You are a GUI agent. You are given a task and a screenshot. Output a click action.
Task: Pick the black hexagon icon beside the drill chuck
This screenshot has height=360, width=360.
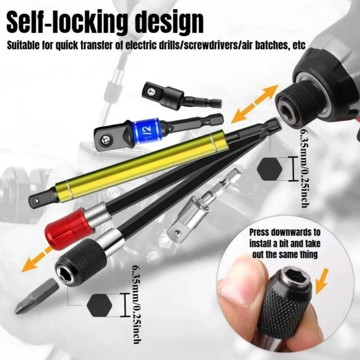pos(270,169)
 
